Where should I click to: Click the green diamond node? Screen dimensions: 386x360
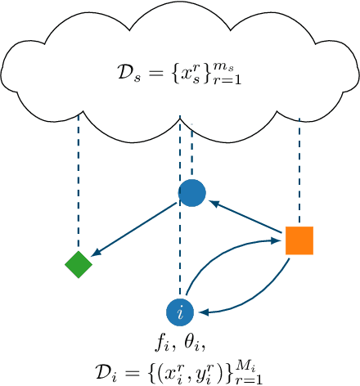click(x=79, y=264)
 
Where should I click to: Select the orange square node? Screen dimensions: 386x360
click(x=299, y=240)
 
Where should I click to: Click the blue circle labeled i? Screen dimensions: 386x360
click(x=180, y=312)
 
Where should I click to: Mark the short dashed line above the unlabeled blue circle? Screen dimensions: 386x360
click(x=192, y=150)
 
